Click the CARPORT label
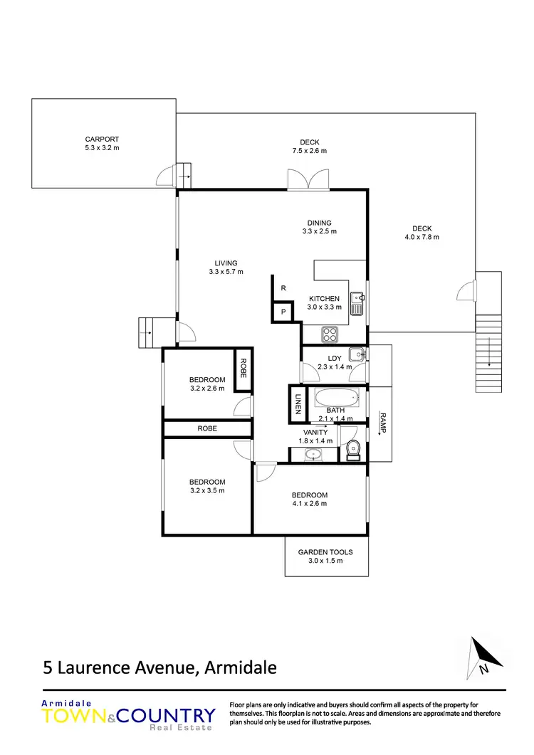[102, 139]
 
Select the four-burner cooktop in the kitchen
[331, 332]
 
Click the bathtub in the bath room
[338, 398]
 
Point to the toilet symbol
[352, 450]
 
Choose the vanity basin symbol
[312, 453]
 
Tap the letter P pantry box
[283, 312]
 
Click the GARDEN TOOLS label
[325, 551]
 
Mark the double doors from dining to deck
[308, 180]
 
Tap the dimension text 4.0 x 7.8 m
[422, 237]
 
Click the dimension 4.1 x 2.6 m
[310, 504]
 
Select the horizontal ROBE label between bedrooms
[207, 428]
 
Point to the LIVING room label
[226, 263]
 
